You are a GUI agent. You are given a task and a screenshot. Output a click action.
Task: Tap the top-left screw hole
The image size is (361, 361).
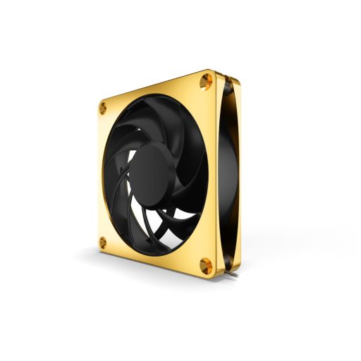click(103, 108)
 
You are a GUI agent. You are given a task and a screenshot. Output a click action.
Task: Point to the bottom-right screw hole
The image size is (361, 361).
click(206, 265)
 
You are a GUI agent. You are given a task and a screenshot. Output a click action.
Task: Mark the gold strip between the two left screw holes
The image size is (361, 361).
click(99, 176)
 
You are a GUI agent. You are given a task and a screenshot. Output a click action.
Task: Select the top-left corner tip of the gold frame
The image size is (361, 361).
click(97, 103)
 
